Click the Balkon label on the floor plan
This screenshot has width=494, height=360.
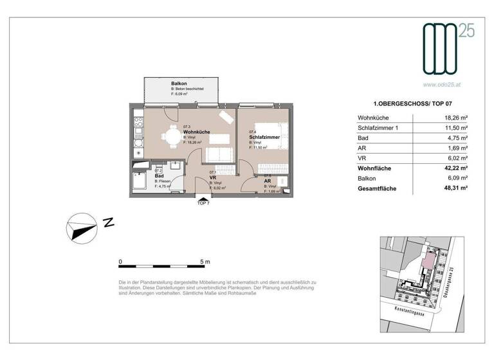(x=179, y=84)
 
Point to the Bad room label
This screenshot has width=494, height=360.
(x=159, y=175)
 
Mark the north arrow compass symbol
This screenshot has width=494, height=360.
(x=82, y=225)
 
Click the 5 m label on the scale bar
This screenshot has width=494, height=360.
(x=205, y=262)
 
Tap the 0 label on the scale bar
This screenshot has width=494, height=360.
(x=120, y=262)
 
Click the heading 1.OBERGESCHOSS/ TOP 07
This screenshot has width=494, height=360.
(x=410, y=104)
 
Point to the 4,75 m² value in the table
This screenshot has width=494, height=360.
(x=455, y=138)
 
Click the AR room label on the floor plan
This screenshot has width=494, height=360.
(x=267, y=181)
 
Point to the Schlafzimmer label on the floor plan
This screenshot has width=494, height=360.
(x=263, y=137)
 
